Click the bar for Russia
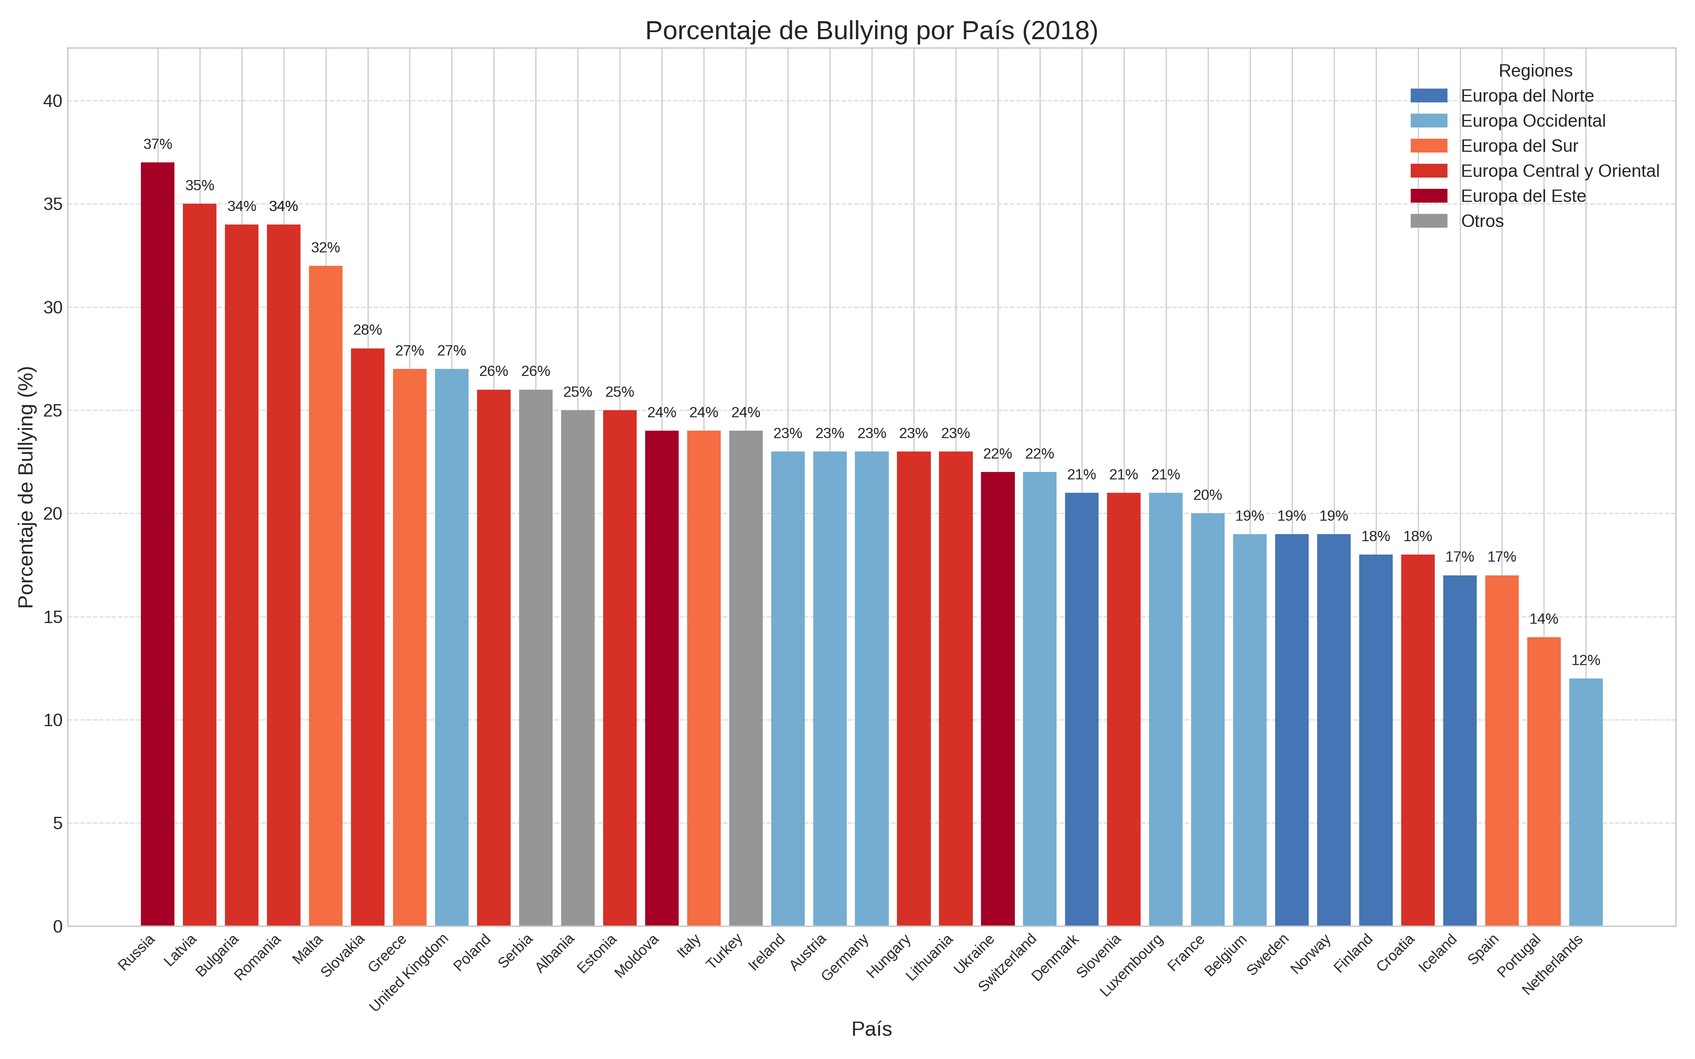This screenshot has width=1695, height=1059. coord(157,544)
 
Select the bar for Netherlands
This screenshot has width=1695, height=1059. coord(1586,802)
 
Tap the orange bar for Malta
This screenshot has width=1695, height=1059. coord(326,596)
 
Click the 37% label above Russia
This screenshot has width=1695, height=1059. coord(157,144)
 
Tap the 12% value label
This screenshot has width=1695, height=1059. coord(1586,660)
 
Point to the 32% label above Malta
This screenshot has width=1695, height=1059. coord(326,248)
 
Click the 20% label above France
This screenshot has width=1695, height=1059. coord(1208,495)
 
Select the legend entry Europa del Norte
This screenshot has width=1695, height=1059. coord(1527,96)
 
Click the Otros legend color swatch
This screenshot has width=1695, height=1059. coord(1429,221)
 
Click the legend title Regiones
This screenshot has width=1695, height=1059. coord(1535,71)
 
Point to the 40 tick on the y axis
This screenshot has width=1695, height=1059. coord(53,101)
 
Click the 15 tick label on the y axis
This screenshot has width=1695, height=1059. coord(53,617)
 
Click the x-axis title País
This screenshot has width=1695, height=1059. coord(871,1029)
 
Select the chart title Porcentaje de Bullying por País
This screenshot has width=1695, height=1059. coord(871,31)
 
